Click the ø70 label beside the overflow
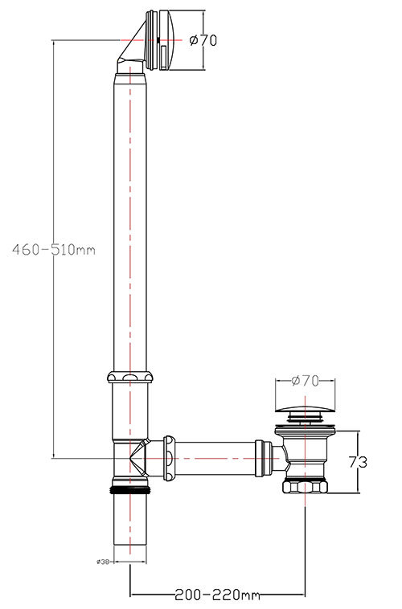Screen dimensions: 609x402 tap(203, 40)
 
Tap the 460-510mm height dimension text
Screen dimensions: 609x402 tap(54, 250)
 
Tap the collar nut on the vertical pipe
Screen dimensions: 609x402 tap(129, 378)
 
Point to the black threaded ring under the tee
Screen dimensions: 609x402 tap(129, 488)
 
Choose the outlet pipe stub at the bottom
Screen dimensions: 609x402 tap(129, 522)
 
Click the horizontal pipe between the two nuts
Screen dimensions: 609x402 tap(215, 458)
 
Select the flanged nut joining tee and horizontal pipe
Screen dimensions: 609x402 tap(170, 458)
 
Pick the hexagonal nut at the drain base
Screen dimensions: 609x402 tap(304, 487)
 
